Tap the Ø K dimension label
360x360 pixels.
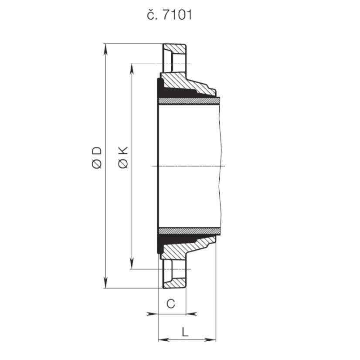[x=123, y=157]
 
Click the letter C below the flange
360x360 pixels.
[x=171, y=304]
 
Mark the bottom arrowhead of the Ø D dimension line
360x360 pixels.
[x=105, y=283]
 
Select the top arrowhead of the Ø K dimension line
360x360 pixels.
[x=131, y=68]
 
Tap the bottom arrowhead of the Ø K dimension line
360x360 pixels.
[x=131, y=264]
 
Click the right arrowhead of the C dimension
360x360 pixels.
[x=191, y=313]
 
